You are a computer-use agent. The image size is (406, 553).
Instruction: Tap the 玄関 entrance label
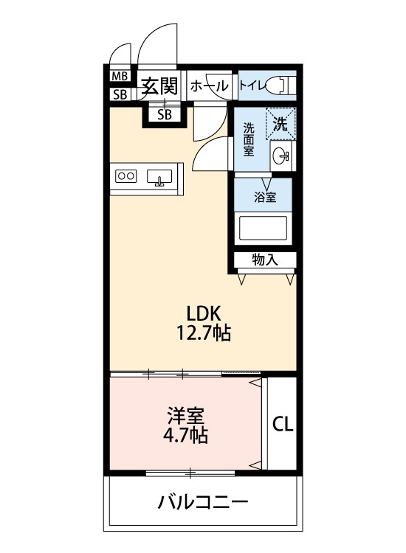click(x=159, y=86)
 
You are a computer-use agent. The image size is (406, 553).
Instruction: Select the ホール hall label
click(x=210, y=86)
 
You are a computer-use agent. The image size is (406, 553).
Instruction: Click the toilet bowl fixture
click(x=281, y=85)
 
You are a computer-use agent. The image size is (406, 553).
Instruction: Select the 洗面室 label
click(x=250, y=139)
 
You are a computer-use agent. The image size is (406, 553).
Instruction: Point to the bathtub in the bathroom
click(x=264, y=228)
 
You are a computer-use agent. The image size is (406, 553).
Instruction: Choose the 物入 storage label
click(x=265, y=260)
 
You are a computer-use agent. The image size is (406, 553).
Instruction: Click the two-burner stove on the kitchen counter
click(x=126, y=176)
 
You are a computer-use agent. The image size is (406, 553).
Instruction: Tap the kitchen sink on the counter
click(x=159, y=177)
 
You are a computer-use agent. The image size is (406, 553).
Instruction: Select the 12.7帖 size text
click(x=202, y=334)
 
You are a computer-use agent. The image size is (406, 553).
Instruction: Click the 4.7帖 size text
click(x=185, y=435)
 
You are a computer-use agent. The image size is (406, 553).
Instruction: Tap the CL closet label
click(x=283, y=424)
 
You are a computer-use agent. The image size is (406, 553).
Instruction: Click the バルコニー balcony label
click(x=202, y=504)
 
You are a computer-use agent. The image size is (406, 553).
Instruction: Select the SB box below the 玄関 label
click(x=165, y=114)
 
